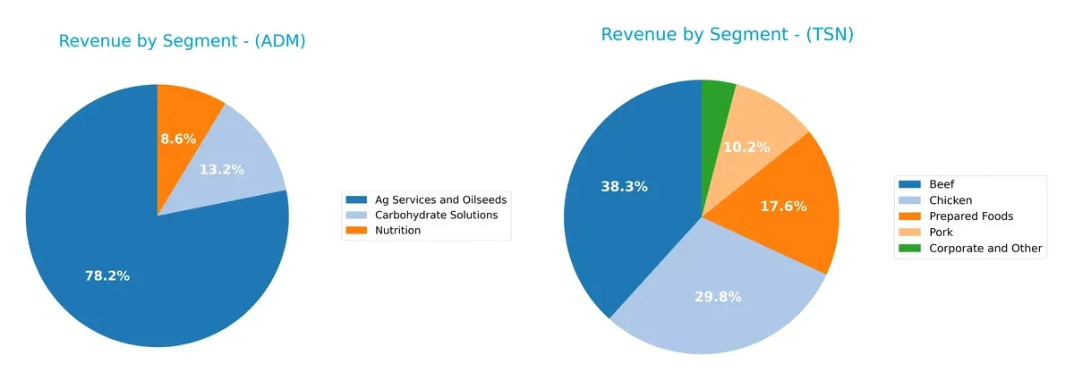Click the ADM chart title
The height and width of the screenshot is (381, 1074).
pos(182,41)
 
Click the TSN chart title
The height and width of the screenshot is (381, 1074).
pos(727,35)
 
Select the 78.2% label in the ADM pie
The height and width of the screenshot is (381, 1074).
pos(107,276)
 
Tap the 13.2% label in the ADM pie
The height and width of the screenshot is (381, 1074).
pos(221,169)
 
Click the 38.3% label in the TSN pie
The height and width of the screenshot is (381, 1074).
pos(625,186)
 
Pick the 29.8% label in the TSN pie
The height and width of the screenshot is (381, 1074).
pos(718,297)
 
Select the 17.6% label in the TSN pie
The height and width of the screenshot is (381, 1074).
pos(783,206)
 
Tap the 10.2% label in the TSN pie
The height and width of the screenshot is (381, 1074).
pos(746,147)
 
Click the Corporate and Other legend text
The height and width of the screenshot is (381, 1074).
pos(985,248)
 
